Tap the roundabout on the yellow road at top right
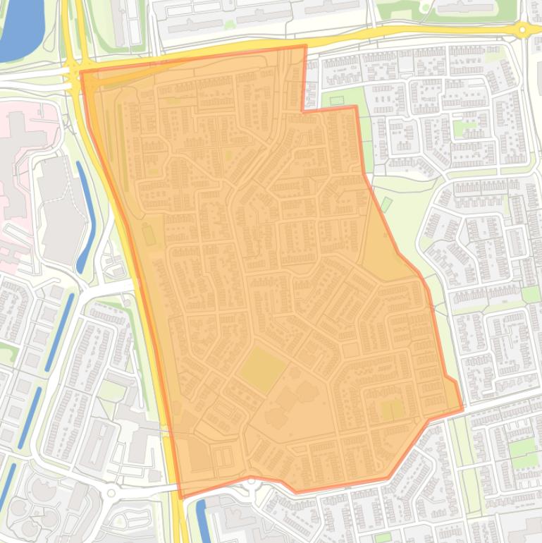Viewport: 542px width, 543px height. [521, 30]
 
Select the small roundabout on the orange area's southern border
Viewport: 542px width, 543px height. [251, 481]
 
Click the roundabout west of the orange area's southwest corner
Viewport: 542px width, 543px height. [111, 492]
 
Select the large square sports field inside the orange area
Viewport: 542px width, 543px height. [262, 368]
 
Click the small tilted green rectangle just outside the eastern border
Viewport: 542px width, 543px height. [386, 205]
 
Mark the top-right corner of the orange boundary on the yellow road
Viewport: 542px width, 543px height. [305, 47]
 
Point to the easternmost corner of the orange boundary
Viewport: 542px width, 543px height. [462, 408]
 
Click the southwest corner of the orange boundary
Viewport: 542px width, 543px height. [180, 497]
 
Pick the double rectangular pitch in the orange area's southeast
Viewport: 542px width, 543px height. [391, 410]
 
